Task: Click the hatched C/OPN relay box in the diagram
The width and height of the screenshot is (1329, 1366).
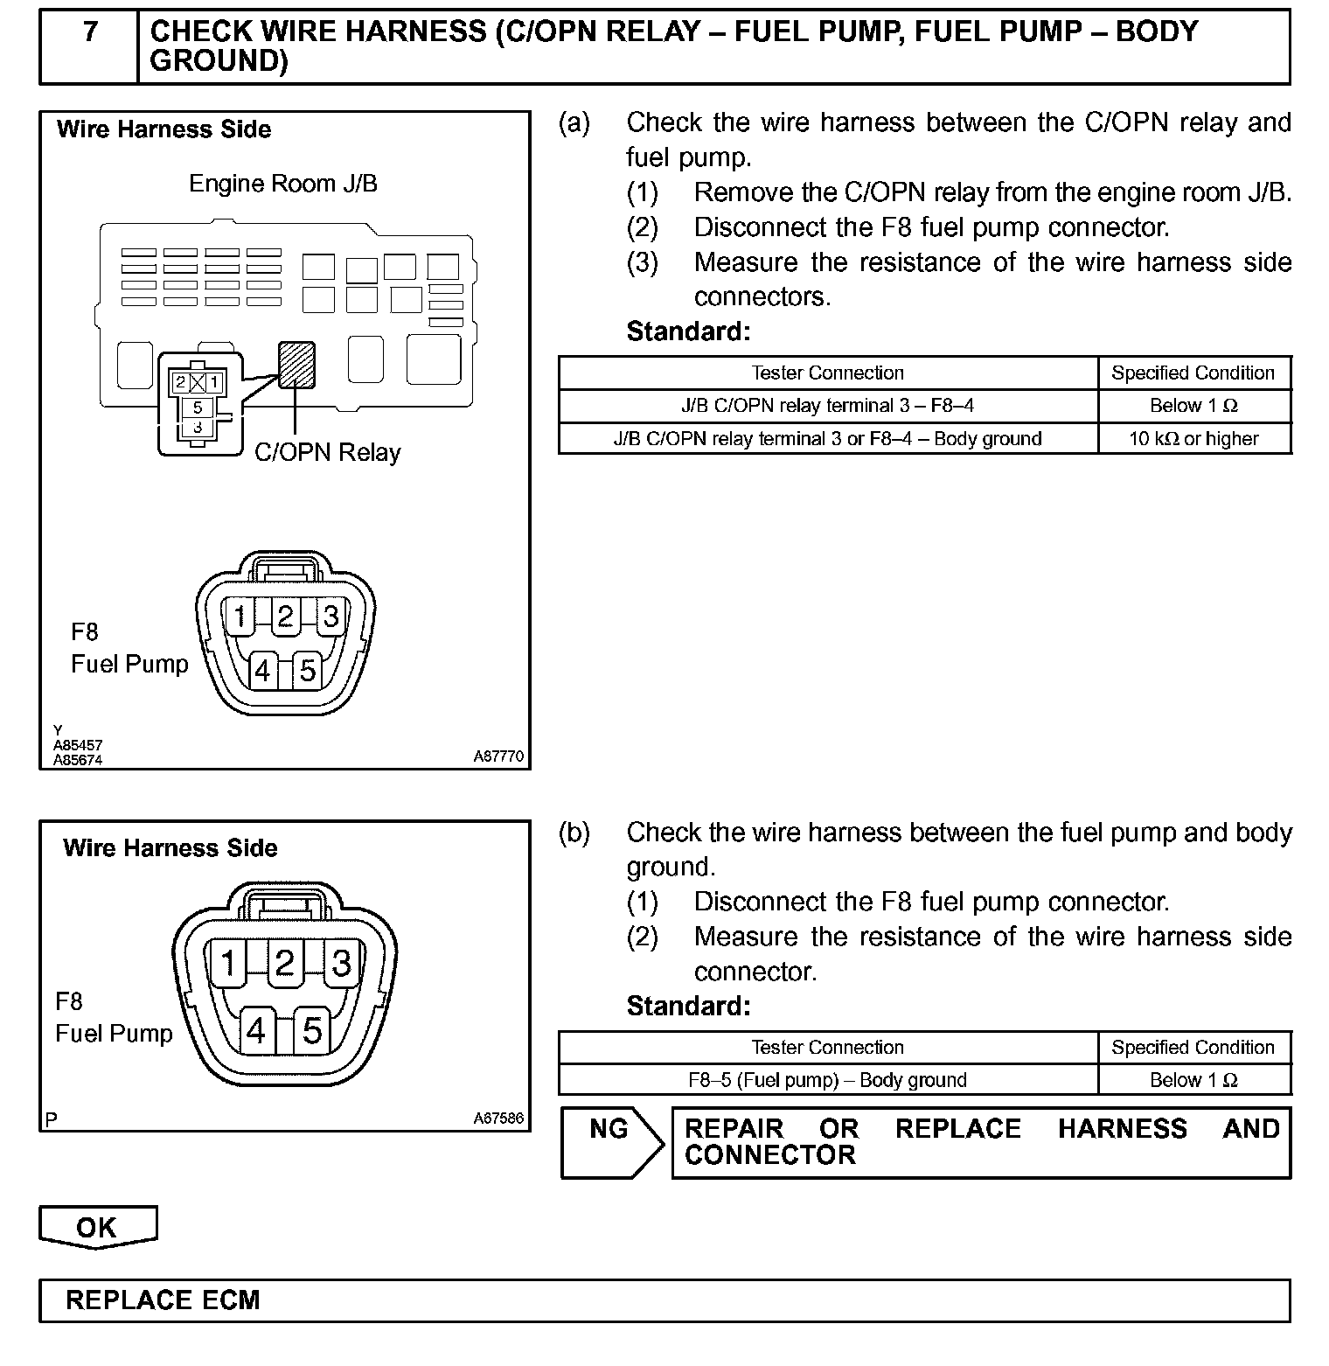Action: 296,363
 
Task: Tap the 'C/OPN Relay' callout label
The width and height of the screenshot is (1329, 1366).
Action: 327,453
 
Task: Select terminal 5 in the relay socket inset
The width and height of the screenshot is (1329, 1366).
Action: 198,408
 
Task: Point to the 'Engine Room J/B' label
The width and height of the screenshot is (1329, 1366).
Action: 283,184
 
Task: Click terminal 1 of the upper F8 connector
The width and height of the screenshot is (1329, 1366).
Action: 239,617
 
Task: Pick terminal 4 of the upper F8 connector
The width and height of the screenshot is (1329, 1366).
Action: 261,671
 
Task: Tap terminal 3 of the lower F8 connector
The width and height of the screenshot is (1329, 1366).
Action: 341,963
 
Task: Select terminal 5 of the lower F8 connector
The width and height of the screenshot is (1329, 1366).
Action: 312,1031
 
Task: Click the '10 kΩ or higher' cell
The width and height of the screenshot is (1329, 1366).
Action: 1193,439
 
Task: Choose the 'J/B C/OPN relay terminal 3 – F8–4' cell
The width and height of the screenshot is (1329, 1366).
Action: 827,406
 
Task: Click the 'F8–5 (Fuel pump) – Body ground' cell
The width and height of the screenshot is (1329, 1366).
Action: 827,1080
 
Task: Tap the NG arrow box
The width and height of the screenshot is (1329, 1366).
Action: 610,1142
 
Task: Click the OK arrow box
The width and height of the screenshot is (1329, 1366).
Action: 97,1227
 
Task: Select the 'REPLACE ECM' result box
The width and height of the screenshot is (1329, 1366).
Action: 664,1300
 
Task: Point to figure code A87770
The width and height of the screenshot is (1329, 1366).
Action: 498,756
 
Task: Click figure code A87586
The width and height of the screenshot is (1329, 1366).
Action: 498,1118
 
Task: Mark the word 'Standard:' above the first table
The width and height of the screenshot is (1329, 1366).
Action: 688,331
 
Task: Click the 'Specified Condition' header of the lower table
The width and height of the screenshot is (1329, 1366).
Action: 1193,1048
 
